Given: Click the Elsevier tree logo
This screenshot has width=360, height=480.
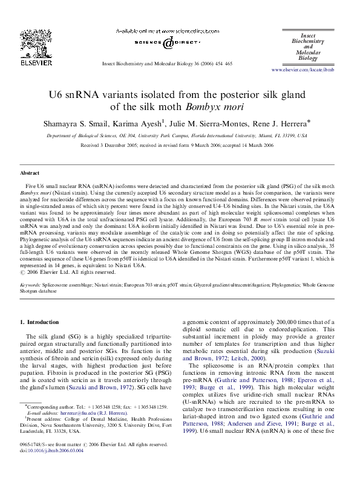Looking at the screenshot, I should tap(30, 43).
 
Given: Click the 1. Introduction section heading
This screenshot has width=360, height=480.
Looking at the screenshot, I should tap(40, 323).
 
